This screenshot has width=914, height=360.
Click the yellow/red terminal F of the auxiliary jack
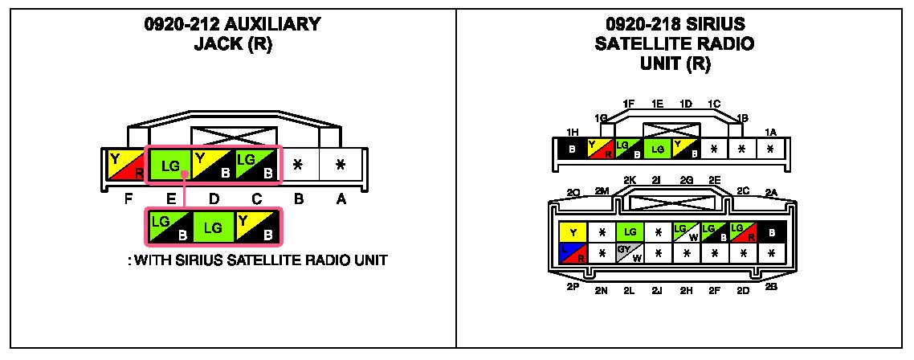click(x=126, y=165)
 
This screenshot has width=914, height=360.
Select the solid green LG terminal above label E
click(x=169, y=166)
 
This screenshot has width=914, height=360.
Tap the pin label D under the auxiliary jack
click(x=213, y=200)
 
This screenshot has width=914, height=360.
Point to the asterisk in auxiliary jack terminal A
click(x=341, y=165)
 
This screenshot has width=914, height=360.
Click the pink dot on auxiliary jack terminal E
click(x=185, y=174)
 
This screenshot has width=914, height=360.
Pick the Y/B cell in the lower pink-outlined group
click(x=258, y=227)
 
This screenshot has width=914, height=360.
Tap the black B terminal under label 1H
click(x=572, y=149)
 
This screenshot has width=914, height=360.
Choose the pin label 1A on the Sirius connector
click(x=771, y=132)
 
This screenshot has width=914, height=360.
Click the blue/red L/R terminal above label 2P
click(x=573, y=254)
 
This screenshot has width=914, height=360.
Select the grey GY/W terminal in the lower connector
click(x=629, y=254)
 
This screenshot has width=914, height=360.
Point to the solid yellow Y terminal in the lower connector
click(x=573, y=233)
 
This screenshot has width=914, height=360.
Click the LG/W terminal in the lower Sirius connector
click(x=685, y=233)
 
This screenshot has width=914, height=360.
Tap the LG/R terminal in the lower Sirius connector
click(x=741, y=233)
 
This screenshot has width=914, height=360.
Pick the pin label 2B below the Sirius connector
click(x=771, y=287)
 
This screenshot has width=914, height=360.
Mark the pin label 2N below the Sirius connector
click(x=601, y=291)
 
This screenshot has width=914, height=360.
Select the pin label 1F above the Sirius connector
click(x=629, y=104)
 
